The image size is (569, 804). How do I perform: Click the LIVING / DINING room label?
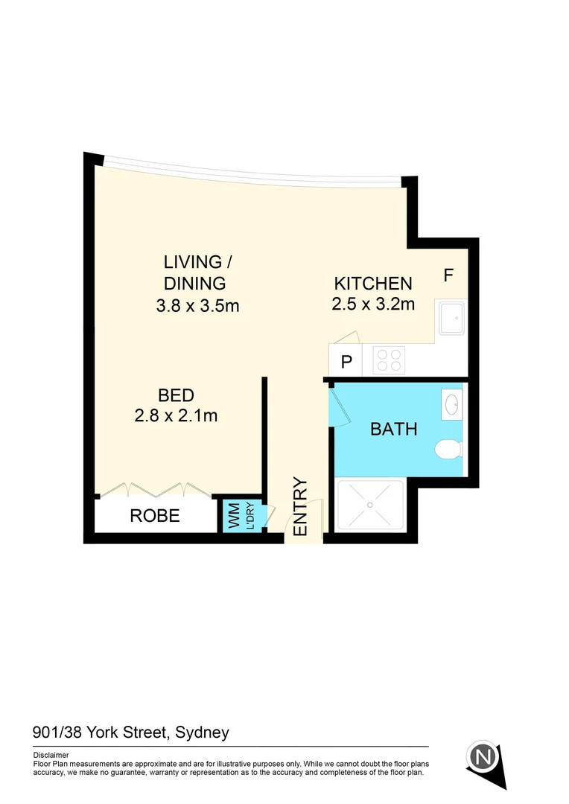[x=193, y=272]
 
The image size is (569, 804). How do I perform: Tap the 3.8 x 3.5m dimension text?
[x=197, y=305]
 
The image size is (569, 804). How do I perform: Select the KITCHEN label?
[x=372, y=284]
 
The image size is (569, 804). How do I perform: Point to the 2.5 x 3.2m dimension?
[x=372, y=304]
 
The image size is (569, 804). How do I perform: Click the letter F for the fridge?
[x=448, y=275]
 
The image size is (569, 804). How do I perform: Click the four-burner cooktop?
[x=388, y=360]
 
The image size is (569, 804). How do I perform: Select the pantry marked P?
[x=346, y=363]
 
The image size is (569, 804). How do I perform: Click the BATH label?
[x=393, y=430]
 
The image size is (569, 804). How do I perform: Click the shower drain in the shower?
[x=369, y=505]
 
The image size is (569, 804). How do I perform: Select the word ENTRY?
[x=301, y=506]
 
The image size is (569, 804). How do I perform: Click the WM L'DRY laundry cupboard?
[x=238, y=516]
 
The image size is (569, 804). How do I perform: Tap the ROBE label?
[x=155, y=515]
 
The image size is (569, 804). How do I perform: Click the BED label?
[x=176, y=395]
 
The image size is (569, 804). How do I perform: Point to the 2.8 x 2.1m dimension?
[x=176, y=415]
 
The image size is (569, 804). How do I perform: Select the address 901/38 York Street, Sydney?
[x=131, y=733]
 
